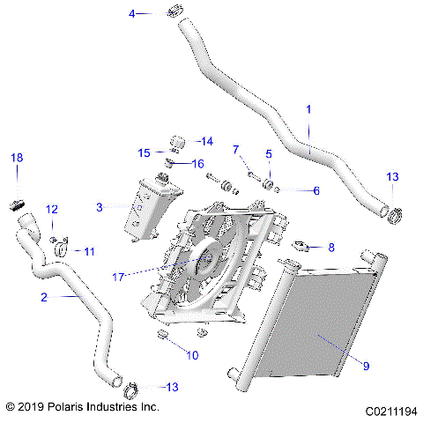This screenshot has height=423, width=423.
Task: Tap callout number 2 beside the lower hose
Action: (x=43, y=298)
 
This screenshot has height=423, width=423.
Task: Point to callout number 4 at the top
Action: (x=133, y=13)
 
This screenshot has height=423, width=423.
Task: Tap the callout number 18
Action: (x=16, y=157)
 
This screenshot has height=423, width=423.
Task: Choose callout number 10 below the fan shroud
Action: (x=192, y=354)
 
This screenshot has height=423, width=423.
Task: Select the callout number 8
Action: (x=330, y=248)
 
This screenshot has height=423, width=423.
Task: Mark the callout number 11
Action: (x=89, y=251)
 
